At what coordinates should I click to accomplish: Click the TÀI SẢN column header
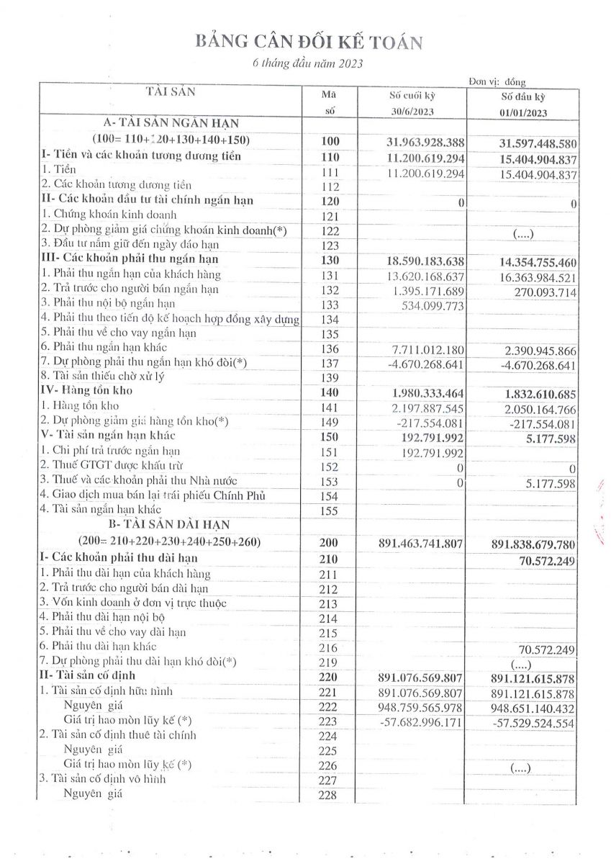(171, 91)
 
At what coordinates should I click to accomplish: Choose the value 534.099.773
(430, 303)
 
